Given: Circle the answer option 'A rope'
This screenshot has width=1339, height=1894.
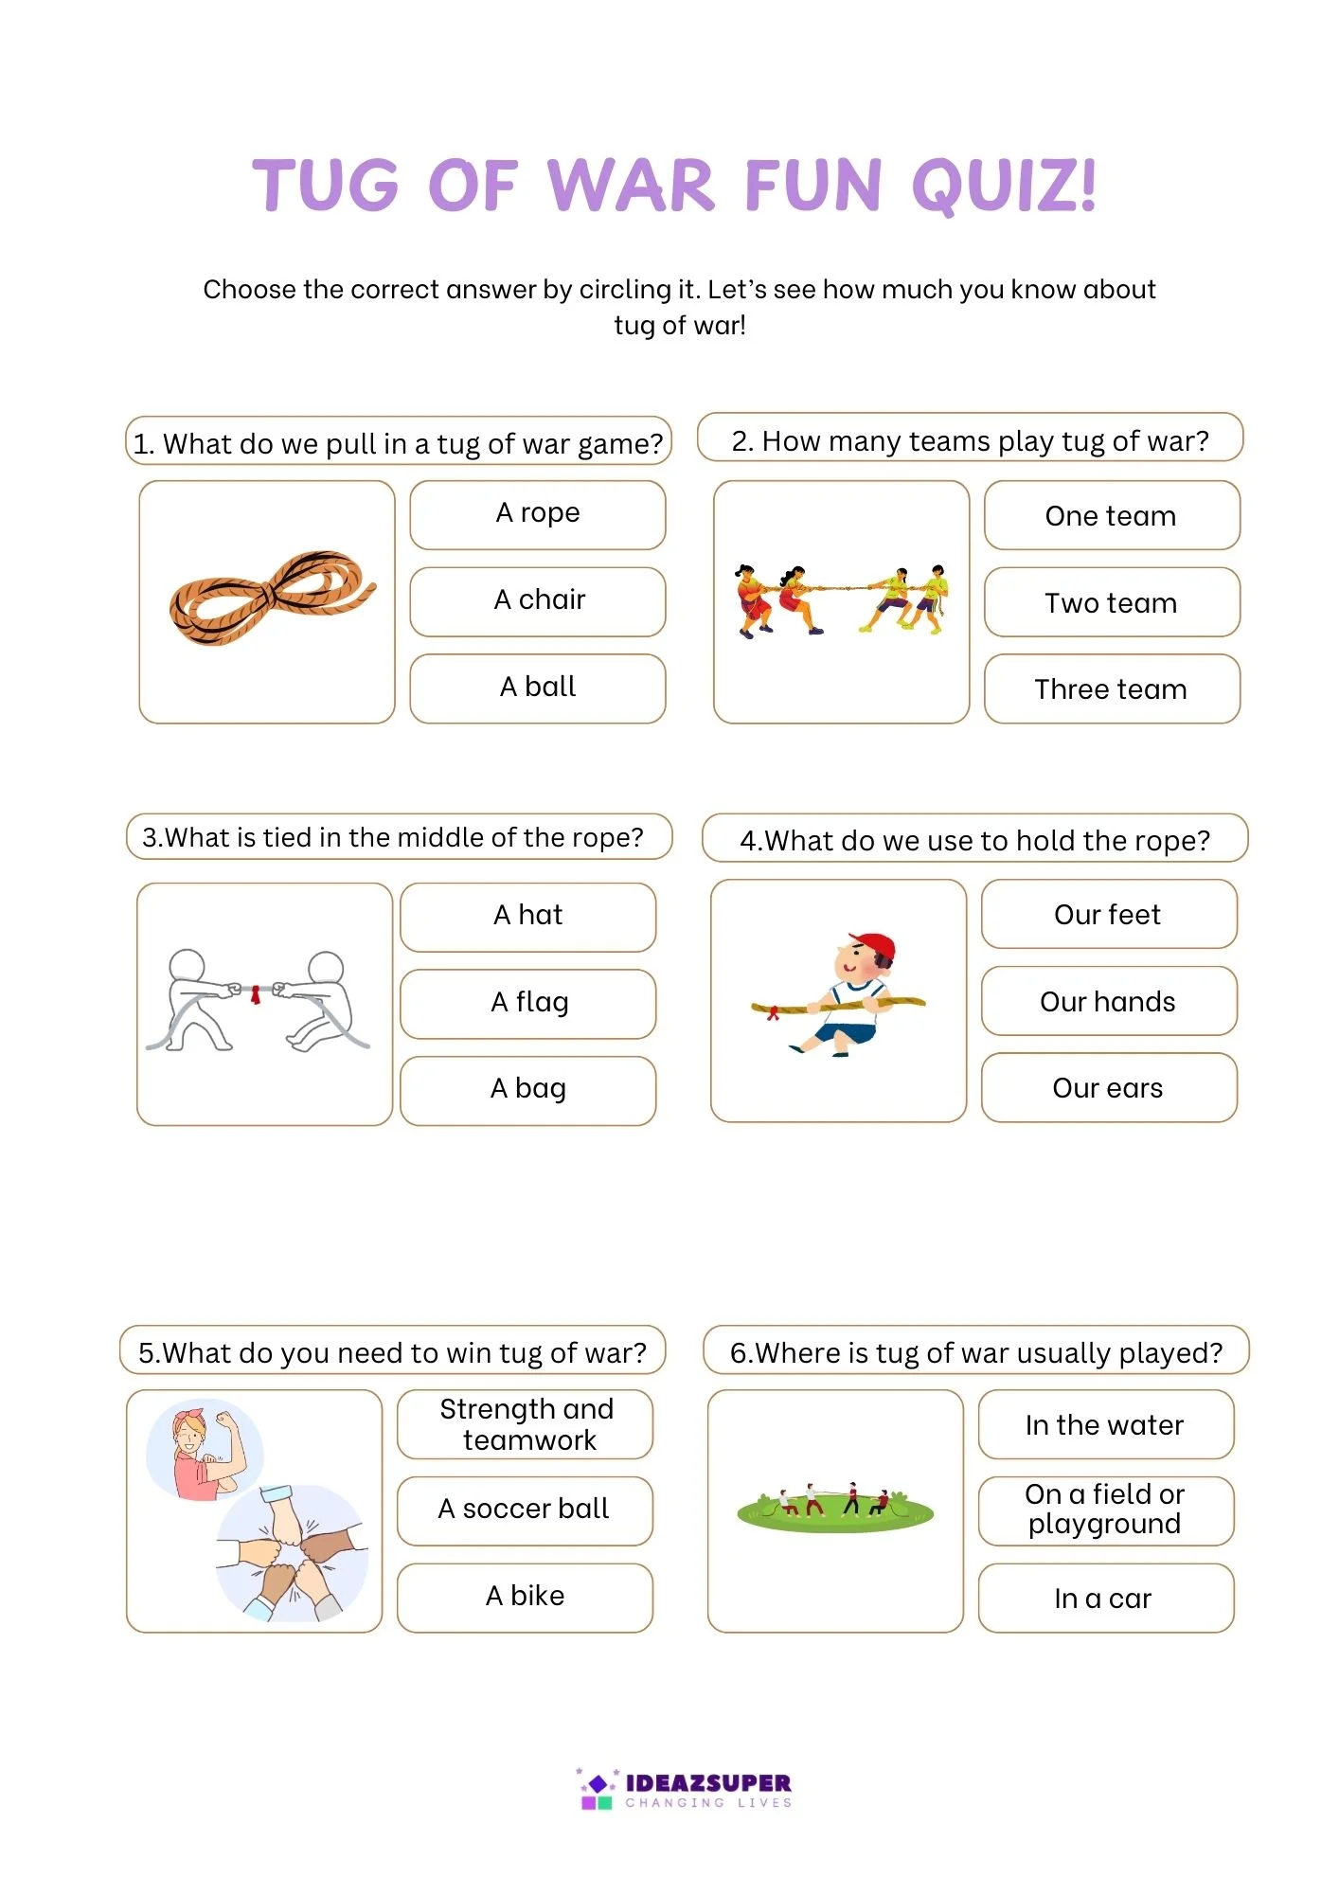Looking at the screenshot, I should point(537,514).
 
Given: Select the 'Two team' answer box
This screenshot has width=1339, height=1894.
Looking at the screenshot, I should point(1111,602).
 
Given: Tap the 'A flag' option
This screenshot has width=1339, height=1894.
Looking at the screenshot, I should point(528,1003).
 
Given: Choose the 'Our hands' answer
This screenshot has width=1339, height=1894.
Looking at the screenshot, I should point(1108,1001).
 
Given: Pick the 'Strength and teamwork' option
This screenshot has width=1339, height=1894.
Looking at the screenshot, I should point(526,1424).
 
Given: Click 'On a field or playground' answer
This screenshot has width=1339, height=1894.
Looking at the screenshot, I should point(1105,1510).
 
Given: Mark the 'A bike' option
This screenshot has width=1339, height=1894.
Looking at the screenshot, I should point(525,1597).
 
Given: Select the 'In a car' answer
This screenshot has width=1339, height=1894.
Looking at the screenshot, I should point(1104,1599).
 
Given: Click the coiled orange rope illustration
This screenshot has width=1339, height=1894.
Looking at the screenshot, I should point(271,597).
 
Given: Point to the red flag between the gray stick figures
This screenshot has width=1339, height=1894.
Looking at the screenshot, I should point(255,993).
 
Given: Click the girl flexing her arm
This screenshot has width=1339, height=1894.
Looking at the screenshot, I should point(205,1451).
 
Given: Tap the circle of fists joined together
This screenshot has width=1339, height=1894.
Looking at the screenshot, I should point(290,1552).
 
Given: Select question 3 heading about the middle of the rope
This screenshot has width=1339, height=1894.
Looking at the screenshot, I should point(399,837).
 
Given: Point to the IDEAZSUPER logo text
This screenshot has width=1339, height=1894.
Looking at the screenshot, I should point(707,1784).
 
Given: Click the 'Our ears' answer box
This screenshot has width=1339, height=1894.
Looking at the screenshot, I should point(1108,1088).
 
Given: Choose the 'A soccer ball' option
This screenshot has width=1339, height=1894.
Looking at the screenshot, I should point(524,1510).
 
